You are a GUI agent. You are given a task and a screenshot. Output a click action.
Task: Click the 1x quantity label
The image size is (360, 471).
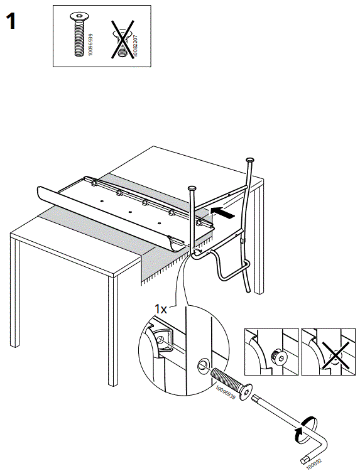pos(161,310)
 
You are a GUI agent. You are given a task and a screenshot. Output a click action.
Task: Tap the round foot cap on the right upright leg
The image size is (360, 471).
pos(251,160)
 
